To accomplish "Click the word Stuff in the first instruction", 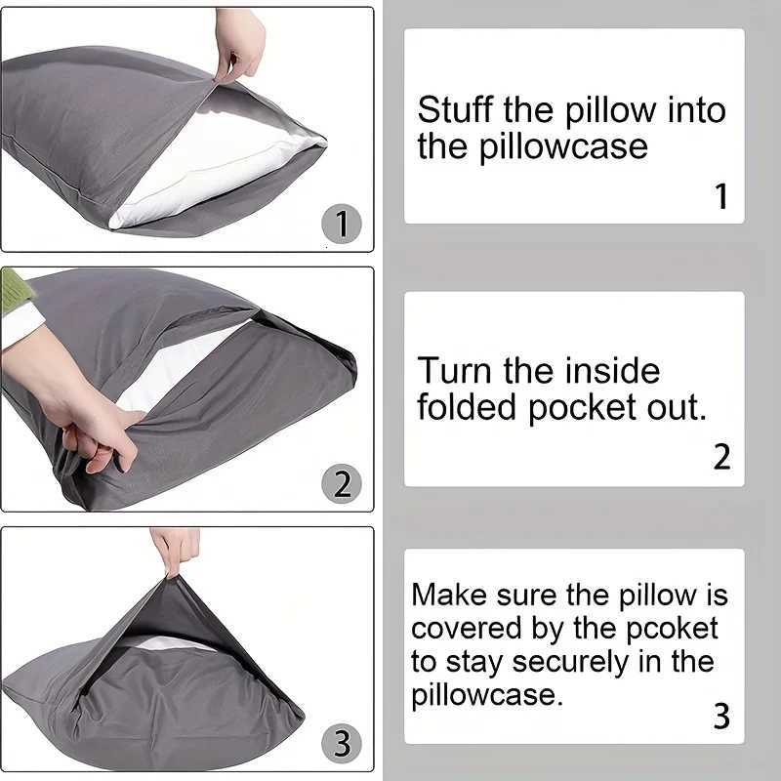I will [456, 109].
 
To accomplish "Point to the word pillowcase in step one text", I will [533, 147].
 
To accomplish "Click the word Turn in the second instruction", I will [455, 371].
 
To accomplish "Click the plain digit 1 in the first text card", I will [720, 197].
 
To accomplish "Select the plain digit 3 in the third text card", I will [720, 717].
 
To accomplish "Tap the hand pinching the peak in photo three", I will [175, 548].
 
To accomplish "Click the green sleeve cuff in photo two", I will [15, 288].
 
